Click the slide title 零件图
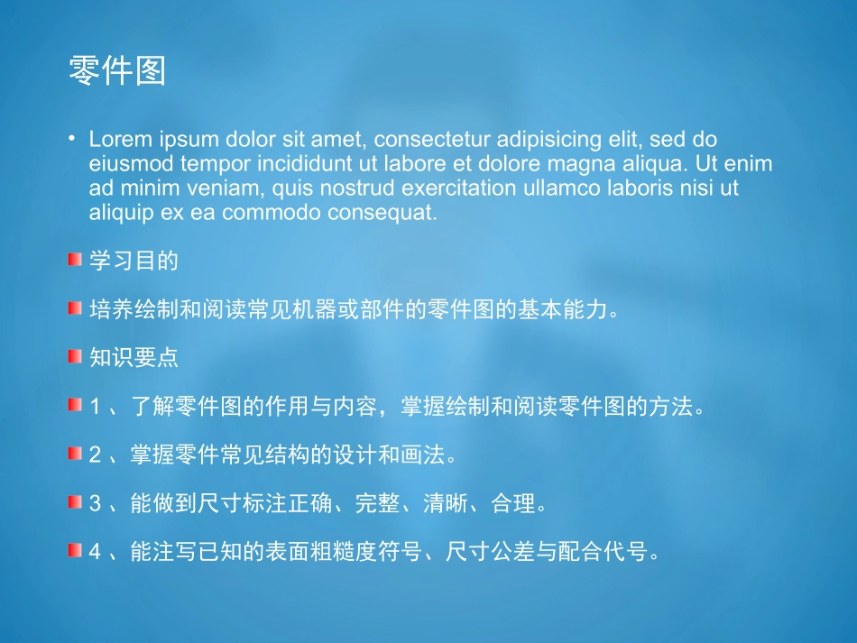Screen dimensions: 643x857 [x=117, y=71]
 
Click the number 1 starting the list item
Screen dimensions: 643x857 [x=96, y=407]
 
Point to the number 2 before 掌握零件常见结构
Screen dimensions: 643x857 [x=96, y=455]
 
